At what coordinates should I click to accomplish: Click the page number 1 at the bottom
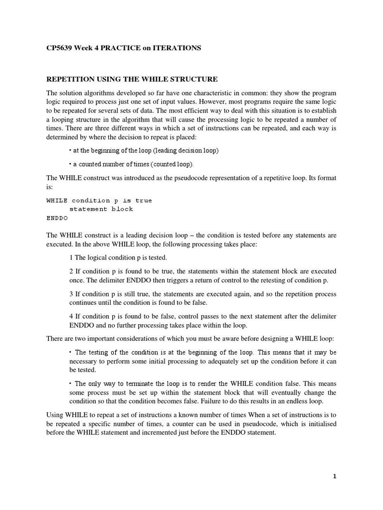click(x=335, y=476)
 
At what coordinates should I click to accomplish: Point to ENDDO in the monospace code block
click(x=57, y=218)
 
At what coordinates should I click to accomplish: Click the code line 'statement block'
click(x=101, y=209)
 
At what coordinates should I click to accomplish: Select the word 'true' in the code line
click(x=144, y=200)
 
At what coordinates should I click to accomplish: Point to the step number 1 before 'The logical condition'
click(x=71, y=257)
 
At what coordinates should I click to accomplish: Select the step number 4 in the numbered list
click(x=71, y=316)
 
